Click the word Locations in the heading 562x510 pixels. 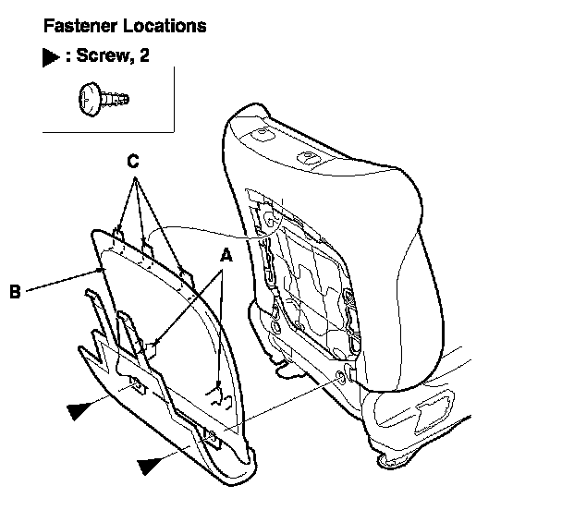[x=162, y=26]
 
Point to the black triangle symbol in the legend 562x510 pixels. [x=52, y=57]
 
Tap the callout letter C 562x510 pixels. [x=134, y=161]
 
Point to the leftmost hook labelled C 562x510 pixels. [x=118, y=228]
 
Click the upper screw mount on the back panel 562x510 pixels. [x=136, y=382]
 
